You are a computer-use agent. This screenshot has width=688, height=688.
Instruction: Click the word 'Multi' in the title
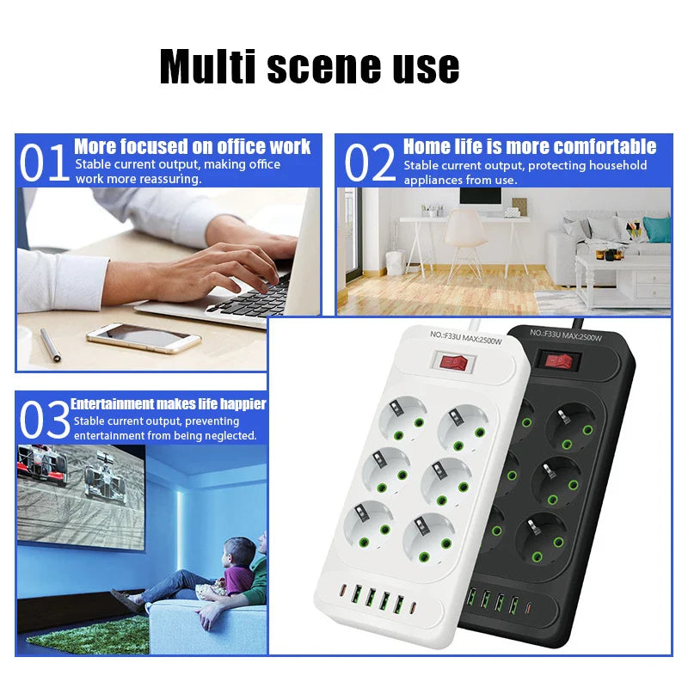208,66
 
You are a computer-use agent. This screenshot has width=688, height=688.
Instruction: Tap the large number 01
45,163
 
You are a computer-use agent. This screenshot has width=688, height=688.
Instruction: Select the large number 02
370,163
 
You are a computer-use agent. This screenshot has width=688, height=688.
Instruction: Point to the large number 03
45,420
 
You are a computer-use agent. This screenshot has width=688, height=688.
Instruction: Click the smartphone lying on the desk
144,337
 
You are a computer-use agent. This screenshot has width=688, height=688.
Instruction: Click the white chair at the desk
464,243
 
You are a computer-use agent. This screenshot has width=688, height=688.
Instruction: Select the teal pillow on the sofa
657,229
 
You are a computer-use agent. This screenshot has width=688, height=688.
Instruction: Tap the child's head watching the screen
238,551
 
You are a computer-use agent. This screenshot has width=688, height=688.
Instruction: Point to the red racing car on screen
42,464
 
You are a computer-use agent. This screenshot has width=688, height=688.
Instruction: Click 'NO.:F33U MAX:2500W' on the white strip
465,337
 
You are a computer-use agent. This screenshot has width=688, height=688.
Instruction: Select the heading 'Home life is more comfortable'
530,146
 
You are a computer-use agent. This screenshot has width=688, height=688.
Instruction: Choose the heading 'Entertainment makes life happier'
169,403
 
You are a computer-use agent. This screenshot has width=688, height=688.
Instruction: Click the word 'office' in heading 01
240,146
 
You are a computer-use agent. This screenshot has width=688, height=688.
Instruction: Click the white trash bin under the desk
395,262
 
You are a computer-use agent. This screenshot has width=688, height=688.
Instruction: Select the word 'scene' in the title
323,67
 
